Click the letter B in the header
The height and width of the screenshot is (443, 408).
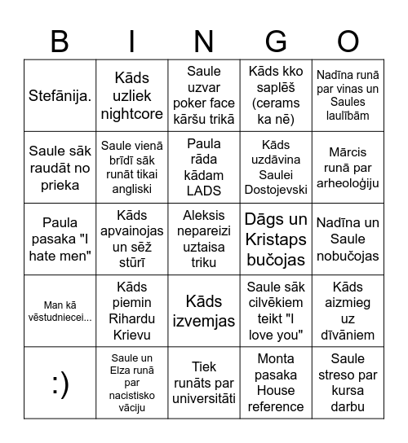[60, 42]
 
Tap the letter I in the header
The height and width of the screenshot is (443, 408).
[132, 42]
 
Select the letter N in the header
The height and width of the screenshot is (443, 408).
[204, 42]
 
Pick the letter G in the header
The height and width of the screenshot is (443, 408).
[276, 42]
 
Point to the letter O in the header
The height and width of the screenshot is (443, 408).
[348, 42]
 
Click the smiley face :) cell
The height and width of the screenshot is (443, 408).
[60, 384]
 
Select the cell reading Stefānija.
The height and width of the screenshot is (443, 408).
[60, 96]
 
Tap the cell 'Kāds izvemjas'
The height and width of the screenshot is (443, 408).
[204, 311]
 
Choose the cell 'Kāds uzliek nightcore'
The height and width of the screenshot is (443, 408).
[132, 96]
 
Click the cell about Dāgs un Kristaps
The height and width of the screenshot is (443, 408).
[276, 239]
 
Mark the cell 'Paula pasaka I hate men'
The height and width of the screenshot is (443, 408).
[60, 239]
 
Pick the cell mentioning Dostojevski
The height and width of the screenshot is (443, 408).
[276, 168]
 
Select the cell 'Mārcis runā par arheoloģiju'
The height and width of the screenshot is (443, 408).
[348, 168]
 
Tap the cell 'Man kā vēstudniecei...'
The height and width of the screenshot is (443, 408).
[60, 311]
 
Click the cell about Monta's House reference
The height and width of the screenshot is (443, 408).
[276, 384]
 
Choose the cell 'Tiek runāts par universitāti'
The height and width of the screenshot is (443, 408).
[204, 384]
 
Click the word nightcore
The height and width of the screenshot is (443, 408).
[132, 114]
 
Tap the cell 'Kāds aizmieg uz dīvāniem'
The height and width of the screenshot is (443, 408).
[348, 311]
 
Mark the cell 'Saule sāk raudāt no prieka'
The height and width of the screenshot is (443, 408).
[60, 168]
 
